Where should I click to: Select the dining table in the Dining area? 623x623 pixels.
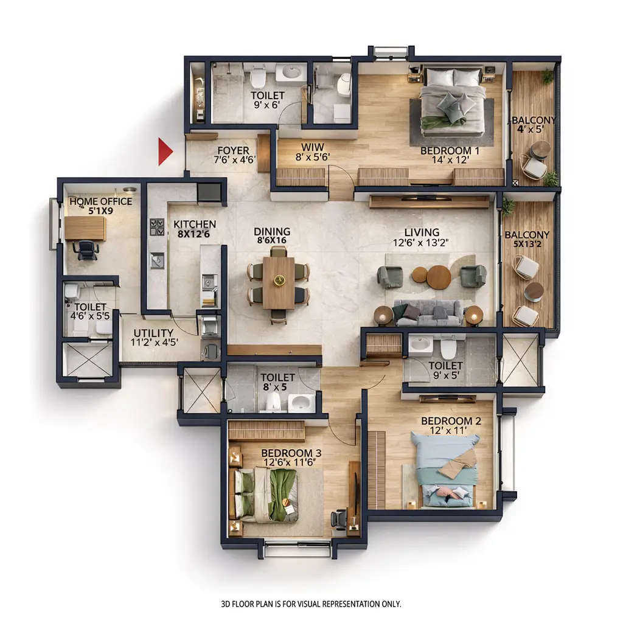coord(279,282)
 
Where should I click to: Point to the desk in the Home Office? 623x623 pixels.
coord(85,228)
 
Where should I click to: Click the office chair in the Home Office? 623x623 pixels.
coord(86,249)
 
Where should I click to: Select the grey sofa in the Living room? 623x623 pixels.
coord(428,312)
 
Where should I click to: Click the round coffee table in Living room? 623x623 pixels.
coord(438,277)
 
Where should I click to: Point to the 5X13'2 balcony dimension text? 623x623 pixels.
coord(527,245)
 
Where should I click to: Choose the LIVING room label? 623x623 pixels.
coord(422,232)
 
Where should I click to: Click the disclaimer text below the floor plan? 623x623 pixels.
coord(311,604)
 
